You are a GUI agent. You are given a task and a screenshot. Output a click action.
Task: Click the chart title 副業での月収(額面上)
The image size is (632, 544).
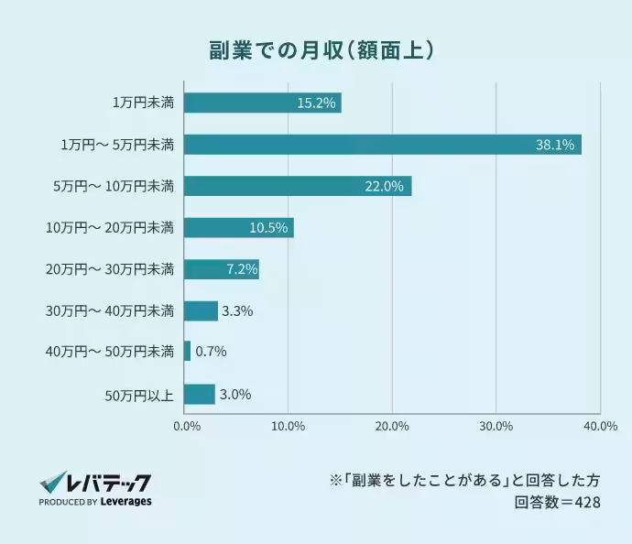pos(315,49)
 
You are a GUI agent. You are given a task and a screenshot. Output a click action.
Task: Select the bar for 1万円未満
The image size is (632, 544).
pos(262,103)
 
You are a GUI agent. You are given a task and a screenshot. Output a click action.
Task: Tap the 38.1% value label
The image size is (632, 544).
pos(555,145)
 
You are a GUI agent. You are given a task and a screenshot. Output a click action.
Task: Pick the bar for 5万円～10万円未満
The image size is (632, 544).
pos(297,186)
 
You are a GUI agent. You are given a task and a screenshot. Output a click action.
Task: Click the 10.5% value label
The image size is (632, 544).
pos(269,228)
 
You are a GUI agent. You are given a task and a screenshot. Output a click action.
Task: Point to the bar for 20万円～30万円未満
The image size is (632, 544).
pos(221,269)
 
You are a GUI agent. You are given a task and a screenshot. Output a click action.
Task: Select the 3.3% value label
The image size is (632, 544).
pos(237,311)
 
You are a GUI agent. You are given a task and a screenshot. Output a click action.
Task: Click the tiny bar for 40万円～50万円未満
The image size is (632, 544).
pos(187,352)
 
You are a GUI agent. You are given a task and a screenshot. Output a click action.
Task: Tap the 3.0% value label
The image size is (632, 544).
pos(235,395)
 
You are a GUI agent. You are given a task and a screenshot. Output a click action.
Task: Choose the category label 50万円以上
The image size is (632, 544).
pos(139,395)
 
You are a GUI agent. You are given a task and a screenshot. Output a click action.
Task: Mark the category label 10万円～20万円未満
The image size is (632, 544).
pos(110,228)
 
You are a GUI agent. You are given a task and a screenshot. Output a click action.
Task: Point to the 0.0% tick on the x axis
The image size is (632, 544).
pos(186,425)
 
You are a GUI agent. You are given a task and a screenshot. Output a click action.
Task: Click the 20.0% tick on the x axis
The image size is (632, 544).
pos(392,425)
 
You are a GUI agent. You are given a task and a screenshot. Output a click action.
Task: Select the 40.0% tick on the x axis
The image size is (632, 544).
pos(600,425)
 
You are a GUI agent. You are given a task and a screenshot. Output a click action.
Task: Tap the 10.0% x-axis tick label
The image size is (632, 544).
pos(289,425)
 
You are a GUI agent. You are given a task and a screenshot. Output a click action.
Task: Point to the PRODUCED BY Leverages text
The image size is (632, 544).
pos(95,502)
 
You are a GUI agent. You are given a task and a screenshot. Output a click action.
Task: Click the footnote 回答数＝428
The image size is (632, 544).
pos(557,502)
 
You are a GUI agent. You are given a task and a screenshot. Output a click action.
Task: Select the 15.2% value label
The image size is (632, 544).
pos(315,103)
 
